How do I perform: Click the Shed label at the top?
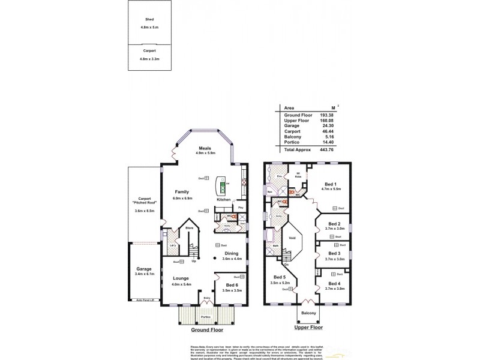pyautogui.click(x=141, y=19)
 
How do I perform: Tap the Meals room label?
pyautogui.click(x=205, y=148)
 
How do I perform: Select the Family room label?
pyautogui.click(x=182, y=191)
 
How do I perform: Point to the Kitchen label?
pyautogui.click(x=224, y=199)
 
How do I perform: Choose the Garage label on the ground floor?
pyautogui.click(x=143, y=268)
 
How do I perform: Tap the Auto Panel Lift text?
pyautogui.click(x=145, y=299)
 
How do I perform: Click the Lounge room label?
pyautogui.click(x=182, y=278)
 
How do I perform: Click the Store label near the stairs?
pyautogui.click(x=189, y=228)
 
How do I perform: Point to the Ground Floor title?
pyautogui.click(x=208, y=330)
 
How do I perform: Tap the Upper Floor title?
pyautogui.click(x=308, y=328)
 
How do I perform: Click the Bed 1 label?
pyautogui.click(x=331, y=183)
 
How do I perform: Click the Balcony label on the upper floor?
pyautogui.click(x=308, y=313)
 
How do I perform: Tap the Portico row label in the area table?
pyautogui.click(x=292, y=142)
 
